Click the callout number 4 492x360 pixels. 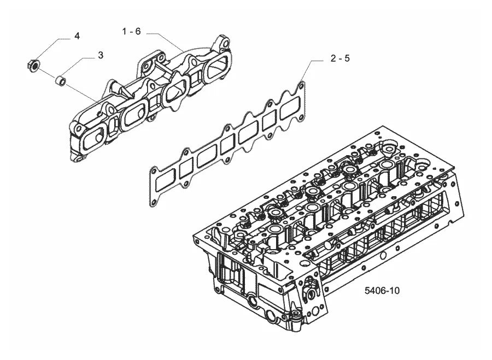coord(77,36)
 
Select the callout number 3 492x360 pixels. coord(101,55)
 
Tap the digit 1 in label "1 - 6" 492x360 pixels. coord(124,31)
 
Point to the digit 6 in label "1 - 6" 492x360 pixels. coord(138,31)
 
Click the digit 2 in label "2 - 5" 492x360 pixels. coord(333,58)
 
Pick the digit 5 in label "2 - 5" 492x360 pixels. coord(347,58)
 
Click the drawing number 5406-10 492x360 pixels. coord(382,291)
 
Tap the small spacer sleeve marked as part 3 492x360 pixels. coord(60,80)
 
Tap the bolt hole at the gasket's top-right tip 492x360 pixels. coord(302,85)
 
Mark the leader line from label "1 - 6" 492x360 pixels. coord(166,41)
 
